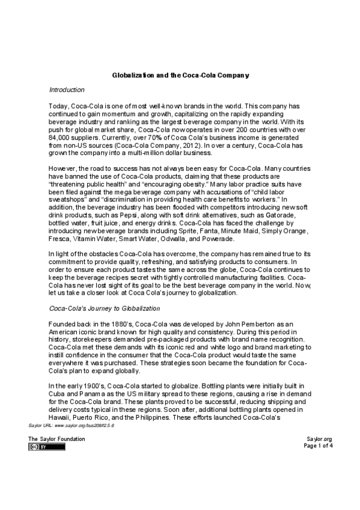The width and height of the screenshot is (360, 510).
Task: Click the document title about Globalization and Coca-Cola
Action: tap(180, 75)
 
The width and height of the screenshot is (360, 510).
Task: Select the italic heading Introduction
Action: tap(66, 90)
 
